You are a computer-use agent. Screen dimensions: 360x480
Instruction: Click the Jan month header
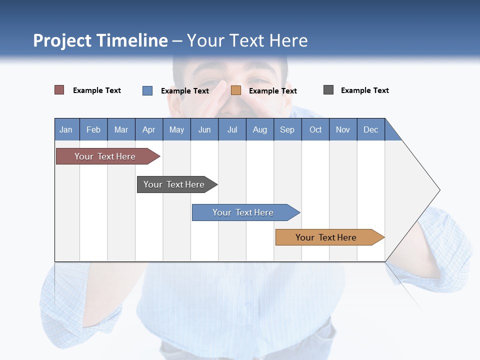click(66, 129)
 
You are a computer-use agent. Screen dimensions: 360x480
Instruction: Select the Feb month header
click(93, 129)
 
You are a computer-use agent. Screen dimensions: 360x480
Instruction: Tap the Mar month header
click(121, 129)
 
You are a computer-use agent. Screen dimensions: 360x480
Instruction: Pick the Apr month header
click(149, 129)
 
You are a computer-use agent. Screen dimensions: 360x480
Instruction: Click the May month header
click(176, 129)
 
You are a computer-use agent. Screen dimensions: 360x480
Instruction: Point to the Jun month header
click(204, 129)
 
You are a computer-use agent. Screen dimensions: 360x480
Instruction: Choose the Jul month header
click(232, 129)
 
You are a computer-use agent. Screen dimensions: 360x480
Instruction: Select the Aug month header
click(260, 129)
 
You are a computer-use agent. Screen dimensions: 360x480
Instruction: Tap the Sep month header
click(287, 129)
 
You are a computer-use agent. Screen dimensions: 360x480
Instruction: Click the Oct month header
click(315, 129)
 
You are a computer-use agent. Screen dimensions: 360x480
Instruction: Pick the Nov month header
click(343, 129)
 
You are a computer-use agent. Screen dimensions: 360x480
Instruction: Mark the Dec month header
click(371, 129)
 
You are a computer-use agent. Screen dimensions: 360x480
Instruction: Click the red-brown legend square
click(59, 90)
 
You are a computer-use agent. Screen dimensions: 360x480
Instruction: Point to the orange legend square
click(236, 90)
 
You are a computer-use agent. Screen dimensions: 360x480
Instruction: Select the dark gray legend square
click(328, 90)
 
